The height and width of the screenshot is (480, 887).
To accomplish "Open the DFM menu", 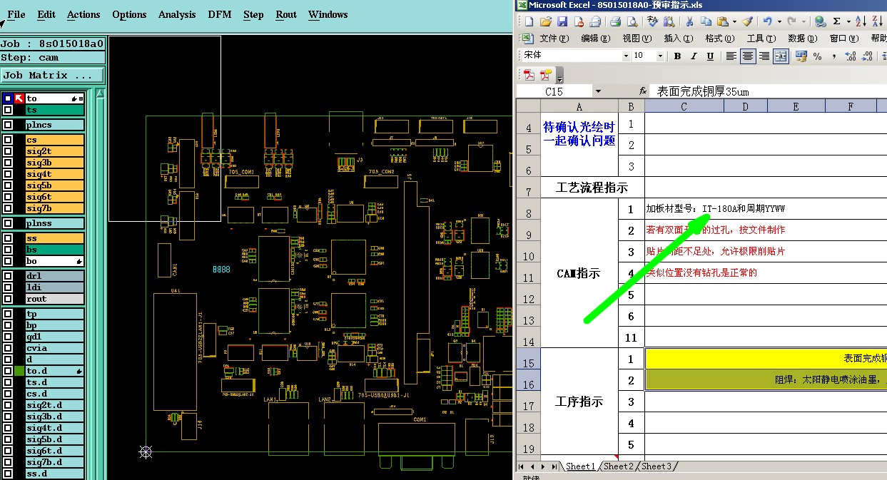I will (219, 14).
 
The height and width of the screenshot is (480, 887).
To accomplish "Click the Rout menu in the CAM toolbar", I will (286, 14).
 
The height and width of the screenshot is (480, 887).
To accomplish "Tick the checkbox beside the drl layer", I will (8, 276).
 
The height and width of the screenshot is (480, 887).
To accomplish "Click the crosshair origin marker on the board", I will (146, 451).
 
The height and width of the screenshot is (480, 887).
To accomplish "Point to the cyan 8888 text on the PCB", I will (221, 270).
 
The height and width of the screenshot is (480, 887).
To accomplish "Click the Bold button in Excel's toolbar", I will (677, 56).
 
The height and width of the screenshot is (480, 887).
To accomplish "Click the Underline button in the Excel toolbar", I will (710, 56).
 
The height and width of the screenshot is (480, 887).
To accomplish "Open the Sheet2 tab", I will (618, 466).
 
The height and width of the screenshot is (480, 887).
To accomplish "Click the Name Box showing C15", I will (554, 91).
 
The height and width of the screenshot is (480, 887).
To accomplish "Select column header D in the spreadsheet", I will (745, 106).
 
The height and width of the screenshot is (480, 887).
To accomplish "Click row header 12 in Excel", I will (528, 299).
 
